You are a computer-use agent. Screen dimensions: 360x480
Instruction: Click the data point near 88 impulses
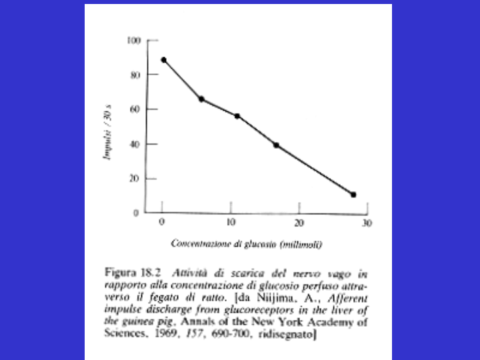coord(164,60)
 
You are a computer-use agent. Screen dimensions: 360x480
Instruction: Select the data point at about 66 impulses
coord(201,99)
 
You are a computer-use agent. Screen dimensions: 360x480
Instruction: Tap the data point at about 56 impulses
coord(237,116)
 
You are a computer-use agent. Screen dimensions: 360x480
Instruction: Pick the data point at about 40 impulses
coord(276,145)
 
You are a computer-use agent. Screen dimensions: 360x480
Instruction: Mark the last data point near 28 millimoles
coord(353,195)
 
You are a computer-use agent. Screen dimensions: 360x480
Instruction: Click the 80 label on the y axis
coord(135,75)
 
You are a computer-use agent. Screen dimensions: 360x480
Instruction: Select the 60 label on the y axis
coord(135,109)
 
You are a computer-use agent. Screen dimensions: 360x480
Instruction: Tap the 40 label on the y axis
coord(135,144)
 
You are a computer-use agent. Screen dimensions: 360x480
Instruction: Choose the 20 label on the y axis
coord(135,179)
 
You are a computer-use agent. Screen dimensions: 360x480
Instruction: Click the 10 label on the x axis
coord(230,223)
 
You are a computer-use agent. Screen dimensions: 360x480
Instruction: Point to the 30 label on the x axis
coord(366,223)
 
